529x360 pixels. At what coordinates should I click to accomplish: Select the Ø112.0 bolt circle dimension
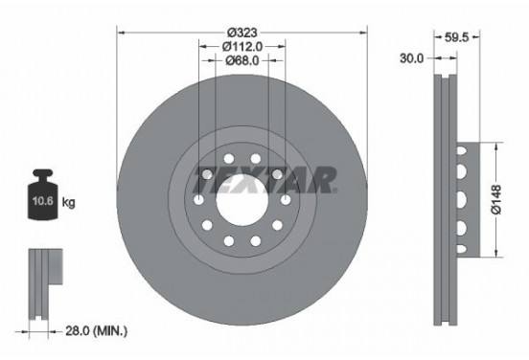click(x=241, y=47)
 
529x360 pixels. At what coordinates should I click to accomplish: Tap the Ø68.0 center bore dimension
click(x=241, y=63)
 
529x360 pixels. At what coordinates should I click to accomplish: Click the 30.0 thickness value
click(x=412, y=58)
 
